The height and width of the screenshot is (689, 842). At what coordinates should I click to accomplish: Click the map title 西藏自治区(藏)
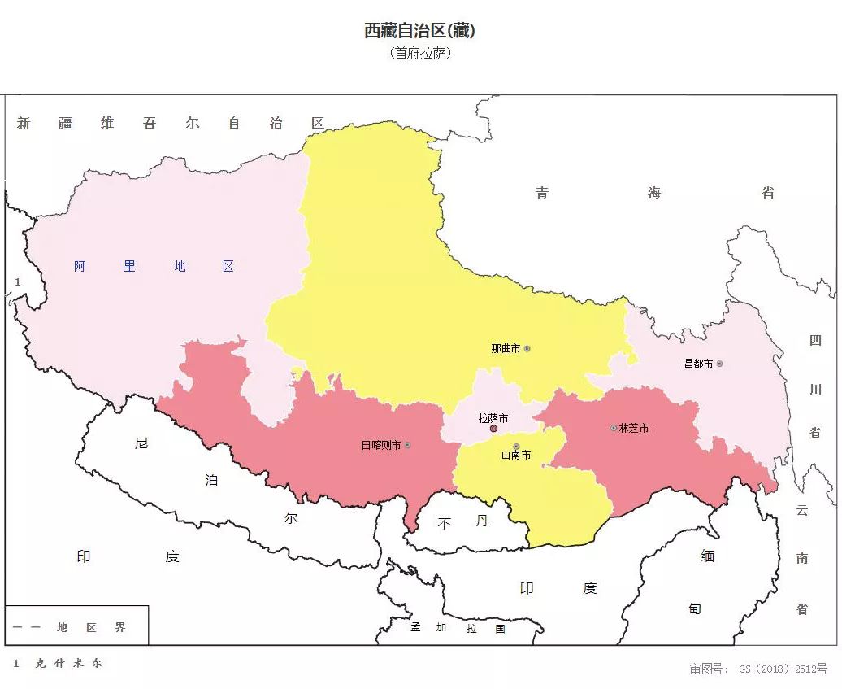419,31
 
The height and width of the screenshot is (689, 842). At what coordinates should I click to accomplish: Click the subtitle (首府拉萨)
419,54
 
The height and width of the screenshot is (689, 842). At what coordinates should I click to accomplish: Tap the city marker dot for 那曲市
527,348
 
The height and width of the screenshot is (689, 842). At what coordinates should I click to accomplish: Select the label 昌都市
698,364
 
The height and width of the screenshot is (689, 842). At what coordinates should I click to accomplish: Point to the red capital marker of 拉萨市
493,428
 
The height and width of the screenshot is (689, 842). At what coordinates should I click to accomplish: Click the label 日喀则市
380,445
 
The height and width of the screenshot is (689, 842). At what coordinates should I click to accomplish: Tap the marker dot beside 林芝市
614,428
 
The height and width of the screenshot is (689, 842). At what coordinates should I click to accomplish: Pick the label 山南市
516,456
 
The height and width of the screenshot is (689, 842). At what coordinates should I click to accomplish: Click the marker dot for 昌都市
719,364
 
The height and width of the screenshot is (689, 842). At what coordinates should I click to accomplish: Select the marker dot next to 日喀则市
408,445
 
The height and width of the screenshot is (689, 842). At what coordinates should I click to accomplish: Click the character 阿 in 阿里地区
80,266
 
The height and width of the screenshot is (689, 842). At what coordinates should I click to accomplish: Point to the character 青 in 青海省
542,193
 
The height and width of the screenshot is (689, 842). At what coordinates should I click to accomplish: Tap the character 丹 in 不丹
482,521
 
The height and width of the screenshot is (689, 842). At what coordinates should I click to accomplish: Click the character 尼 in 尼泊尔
141,443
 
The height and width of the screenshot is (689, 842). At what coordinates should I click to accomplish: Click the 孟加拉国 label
458,628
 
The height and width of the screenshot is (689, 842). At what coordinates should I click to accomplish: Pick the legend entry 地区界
91,628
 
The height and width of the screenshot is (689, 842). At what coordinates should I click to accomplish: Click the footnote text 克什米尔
68,663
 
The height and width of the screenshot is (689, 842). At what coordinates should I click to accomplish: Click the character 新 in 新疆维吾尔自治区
24,124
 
